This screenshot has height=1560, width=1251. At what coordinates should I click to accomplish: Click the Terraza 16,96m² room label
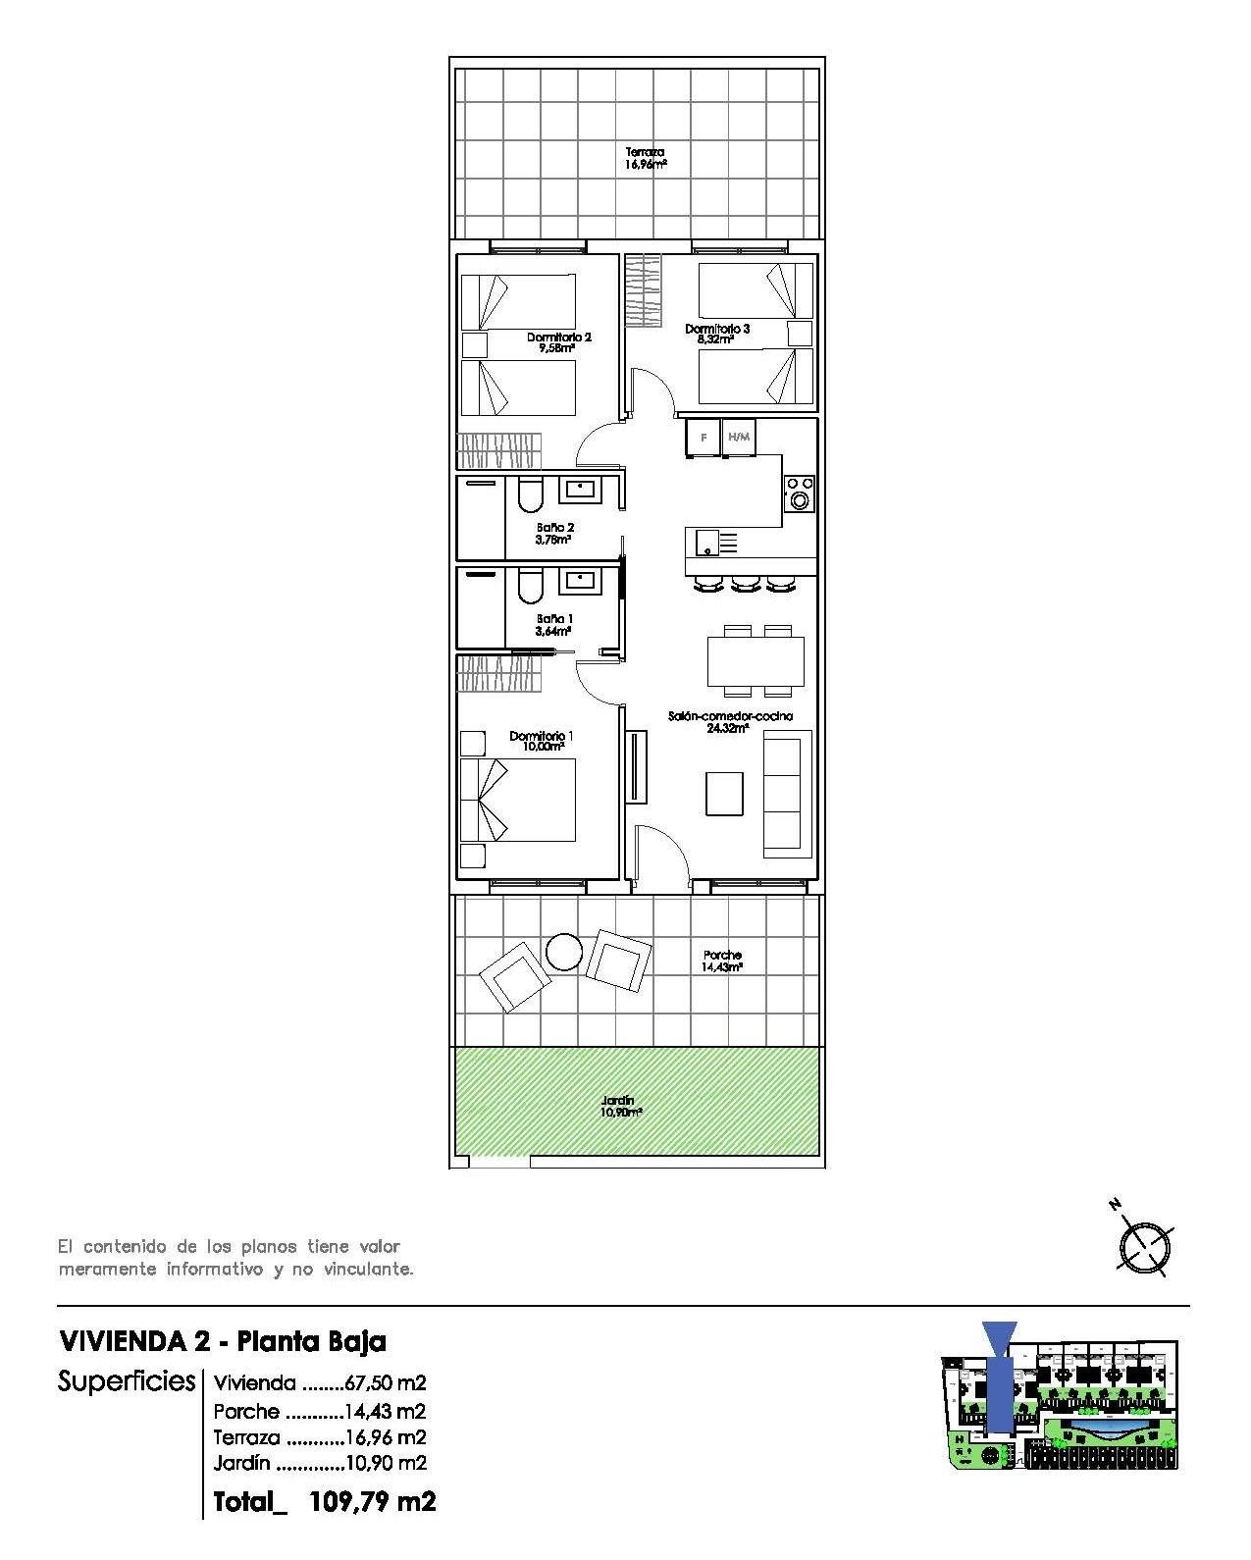(647, 158)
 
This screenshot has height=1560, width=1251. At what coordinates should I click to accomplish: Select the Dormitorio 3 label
(717, 334)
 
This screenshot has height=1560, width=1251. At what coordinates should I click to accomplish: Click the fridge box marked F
(703, 438)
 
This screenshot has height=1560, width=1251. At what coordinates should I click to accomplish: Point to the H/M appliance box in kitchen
(739, 438)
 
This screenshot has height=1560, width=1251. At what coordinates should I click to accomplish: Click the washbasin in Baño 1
(576, 582)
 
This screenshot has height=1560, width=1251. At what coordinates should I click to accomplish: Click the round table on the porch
(565, 951)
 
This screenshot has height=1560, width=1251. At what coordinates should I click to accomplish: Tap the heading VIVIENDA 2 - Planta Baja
(223, 1341)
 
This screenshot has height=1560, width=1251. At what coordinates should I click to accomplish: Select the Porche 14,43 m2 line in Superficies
(320, 1412)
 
